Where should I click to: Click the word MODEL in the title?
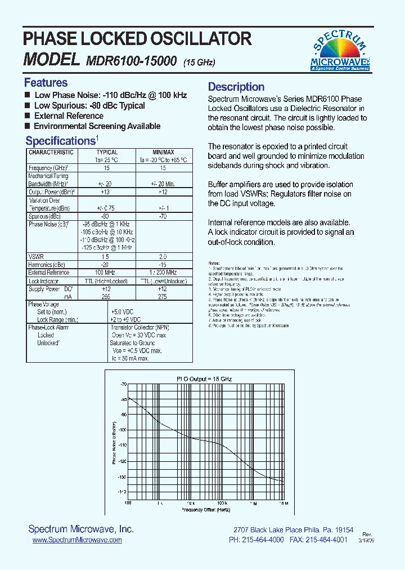pyautogui.click(x=50, y=59)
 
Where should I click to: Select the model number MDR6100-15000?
pyautogui.click(x=132, y=60)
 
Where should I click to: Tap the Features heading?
pyautogui.click(x=46, y=83)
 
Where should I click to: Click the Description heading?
pyautogui.click(x=236, y=87)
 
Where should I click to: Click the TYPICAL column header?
pyautogui.click(x=107, y=152)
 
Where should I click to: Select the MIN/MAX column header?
pyautogui.click(x=164, y=152)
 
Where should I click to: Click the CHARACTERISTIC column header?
pyautogui.click(x=51, y=152)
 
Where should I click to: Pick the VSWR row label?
pyautogui.click(x=36, y=256)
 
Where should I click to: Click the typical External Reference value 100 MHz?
pyautogui.click(x=106, y=273)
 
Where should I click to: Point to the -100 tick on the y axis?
pyautogui.click(x=123, y=430)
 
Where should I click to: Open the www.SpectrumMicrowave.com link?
pyautogui.click(x=77, y=540)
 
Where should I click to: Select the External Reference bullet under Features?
pyautogui.click(x=69, y=116)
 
